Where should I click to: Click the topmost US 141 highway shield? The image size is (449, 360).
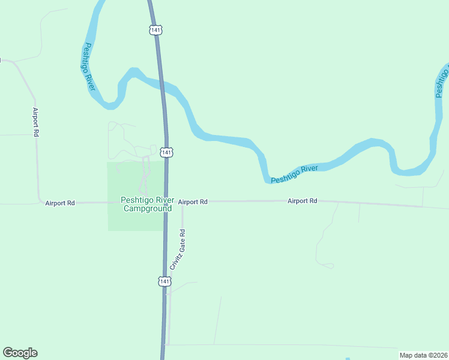tap(155, 29)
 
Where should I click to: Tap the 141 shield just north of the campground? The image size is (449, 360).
tap(167, 152)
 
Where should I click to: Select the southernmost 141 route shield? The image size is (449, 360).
tap(164, 281)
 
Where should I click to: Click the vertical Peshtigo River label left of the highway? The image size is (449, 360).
tap(90, 67)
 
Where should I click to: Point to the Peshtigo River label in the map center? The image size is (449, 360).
tap(294, 174)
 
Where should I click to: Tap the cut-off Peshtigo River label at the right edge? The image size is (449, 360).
tap(442, 83)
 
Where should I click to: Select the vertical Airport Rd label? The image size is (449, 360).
tap(35, 122)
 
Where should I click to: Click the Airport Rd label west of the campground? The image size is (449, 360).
tap(60, 203)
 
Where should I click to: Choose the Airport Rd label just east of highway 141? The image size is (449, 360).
tap(193, 202)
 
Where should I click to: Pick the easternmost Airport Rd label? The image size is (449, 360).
tap(302, 201)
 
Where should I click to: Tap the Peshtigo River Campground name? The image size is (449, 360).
tap(148, 205)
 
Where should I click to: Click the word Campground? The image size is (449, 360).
tap(148, 209)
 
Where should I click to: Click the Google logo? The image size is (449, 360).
tap(20, 353)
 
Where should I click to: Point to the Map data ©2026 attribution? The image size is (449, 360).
tap(423, 355)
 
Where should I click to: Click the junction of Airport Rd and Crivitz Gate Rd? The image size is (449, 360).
tap(182, 202)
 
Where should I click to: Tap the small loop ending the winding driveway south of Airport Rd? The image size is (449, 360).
tap(329, 265)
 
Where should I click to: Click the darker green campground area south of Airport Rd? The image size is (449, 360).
tap(135, 221)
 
